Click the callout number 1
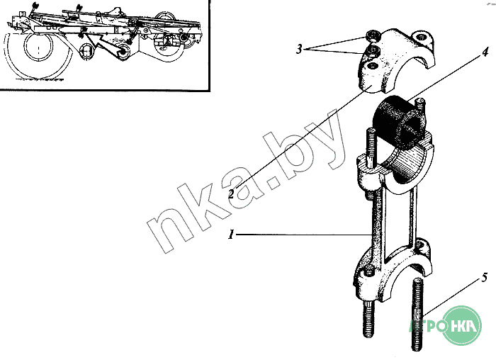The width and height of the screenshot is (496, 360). click(x=231, y=235)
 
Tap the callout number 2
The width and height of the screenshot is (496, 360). click(x=231, y=193)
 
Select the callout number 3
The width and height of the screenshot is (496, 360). click(x=300, y=49)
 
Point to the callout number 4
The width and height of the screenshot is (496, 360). click(x=485, y=52)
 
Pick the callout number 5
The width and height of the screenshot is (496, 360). click(x=485, y=278)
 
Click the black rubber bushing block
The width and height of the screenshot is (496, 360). click(x=399, y=123)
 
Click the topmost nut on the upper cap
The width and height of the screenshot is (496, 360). click(x=371, y=36)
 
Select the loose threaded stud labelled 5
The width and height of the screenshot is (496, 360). click(x=417, y=314)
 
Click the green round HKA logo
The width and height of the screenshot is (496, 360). click(x=461, y=325)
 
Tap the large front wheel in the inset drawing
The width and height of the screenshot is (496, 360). click(x=38, y=55)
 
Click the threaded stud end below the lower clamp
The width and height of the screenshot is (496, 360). click(x=369, y=320)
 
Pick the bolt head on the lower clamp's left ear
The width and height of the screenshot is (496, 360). click(x=369, y=271)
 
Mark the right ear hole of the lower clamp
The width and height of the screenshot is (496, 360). click(x=421, y=245)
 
